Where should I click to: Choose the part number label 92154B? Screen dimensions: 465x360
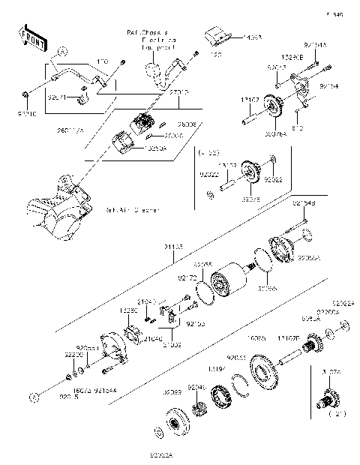pos(304,203)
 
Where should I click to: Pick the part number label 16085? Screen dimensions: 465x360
pos(257,339)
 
